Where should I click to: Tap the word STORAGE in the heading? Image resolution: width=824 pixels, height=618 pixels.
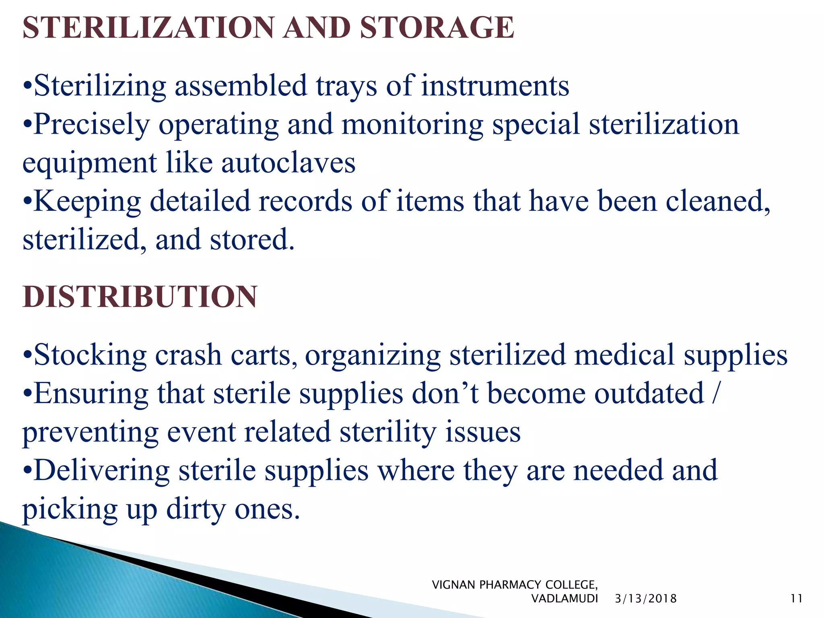pos(437,27)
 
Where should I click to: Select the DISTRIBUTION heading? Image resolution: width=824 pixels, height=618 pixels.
pos(140,297)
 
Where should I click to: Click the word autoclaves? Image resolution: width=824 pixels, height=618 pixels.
pos(288,163)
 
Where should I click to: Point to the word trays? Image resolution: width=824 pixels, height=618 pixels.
pos(346,86)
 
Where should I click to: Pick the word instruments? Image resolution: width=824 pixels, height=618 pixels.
pos(495,86)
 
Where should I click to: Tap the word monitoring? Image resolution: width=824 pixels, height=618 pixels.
pos(412,125)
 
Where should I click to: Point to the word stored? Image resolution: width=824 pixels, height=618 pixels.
pos(252,240)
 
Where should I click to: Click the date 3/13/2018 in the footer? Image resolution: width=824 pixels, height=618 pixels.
pos(646,599)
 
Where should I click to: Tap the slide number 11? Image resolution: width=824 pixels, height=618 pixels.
pos(797,599)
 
